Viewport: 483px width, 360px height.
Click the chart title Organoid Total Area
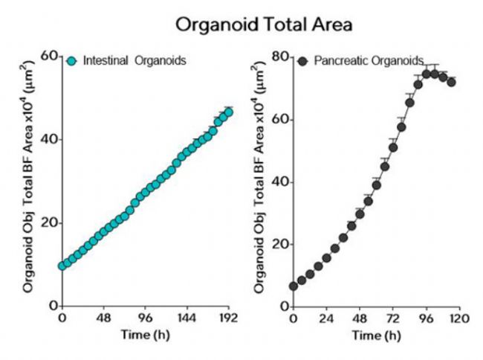[x=263, y=25]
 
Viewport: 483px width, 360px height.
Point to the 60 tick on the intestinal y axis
[x=49, y=56]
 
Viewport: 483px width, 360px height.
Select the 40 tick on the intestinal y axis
[x=49, y=140]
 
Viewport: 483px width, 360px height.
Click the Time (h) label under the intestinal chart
[x=146, y=334]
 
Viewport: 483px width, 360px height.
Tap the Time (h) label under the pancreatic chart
[x=377, y=335]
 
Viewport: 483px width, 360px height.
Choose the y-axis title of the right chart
[x=261, y=181]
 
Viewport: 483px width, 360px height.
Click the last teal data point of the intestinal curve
[x=228, y=112]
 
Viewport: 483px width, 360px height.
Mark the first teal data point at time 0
[x=62, y=266]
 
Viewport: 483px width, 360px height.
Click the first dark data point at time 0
[x=294, y=286]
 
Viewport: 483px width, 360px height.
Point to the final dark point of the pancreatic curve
[x=451, y=82]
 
